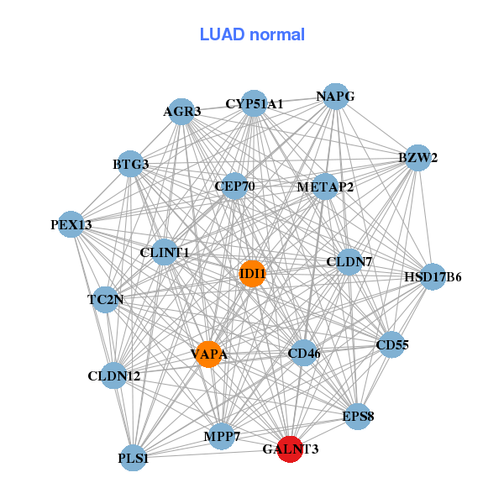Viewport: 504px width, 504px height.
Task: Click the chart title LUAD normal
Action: click(252, 34)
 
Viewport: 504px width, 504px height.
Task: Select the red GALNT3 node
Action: click(290, 449)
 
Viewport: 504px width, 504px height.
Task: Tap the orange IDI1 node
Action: click(253, 274)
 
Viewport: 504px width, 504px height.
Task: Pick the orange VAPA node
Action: click(208, 354)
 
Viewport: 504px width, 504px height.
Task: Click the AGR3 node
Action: click(181, 111)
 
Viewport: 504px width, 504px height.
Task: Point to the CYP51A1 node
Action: click(255, 104)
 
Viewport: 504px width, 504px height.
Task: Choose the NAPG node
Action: click(335, 96)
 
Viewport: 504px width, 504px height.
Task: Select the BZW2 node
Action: click(417, 157)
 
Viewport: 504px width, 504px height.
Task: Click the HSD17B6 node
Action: click(433, 276)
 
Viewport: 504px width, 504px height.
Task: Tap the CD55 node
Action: click(391, 344)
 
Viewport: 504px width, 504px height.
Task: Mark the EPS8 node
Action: click(359, 416)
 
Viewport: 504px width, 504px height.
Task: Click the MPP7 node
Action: click(222, 437)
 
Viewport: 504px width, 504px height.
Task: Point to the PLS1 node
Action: click(134, 458)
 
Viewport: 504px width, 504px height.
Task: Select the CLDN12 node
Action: click(115, 375)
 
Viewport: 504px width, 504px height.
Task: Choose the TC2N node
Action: click(106, 299)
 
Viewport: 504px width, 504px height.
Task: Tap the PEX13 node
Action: click(71, 224)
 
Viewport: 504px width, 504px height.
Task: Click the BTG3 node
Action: click(131, 164)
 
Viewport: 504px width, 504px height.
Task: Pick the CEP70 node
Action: click(234, 186)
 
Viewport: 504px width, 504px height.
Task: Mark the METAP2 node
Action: click(325, 186)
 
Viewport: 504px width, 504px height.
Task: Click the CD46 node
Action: click(303, 354)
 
